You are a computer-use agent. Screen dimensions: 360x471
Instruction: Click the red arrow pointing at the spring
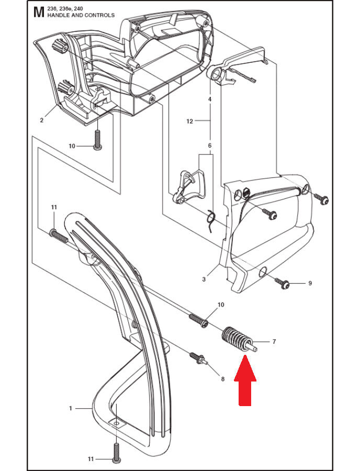[245, 380]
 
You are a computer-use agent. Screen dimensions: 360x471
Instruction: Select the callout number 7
[274, 342]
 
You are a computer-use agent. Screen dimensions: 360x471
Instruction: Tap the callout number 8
[222, 379]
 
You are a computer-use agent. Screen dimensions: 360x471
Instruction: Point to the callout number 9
[310, 283]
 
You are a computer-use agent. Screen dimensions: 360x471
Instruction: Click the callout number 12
[189, 121]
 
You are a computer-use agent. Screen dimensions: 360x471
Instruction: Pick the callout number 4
[210, 99]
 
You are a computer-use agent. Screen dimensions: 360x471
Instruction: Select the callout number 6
[210, 145]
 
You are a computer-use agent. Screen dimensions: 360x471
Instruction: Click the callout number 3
[204, 279]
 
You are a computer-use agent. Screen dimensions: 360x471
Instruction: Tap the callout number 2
[41, 120]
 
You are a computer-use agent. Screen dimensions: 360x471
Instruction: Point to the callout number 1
[71, 408]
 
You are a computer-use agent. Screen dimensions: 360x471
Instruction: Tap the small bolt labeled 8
[199, 359]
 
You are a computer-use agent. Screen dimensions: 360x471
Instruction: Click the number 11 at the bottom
[91, 459]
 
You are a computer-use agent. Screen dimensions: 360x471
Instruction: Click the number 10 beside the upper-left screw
[72, 147]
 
